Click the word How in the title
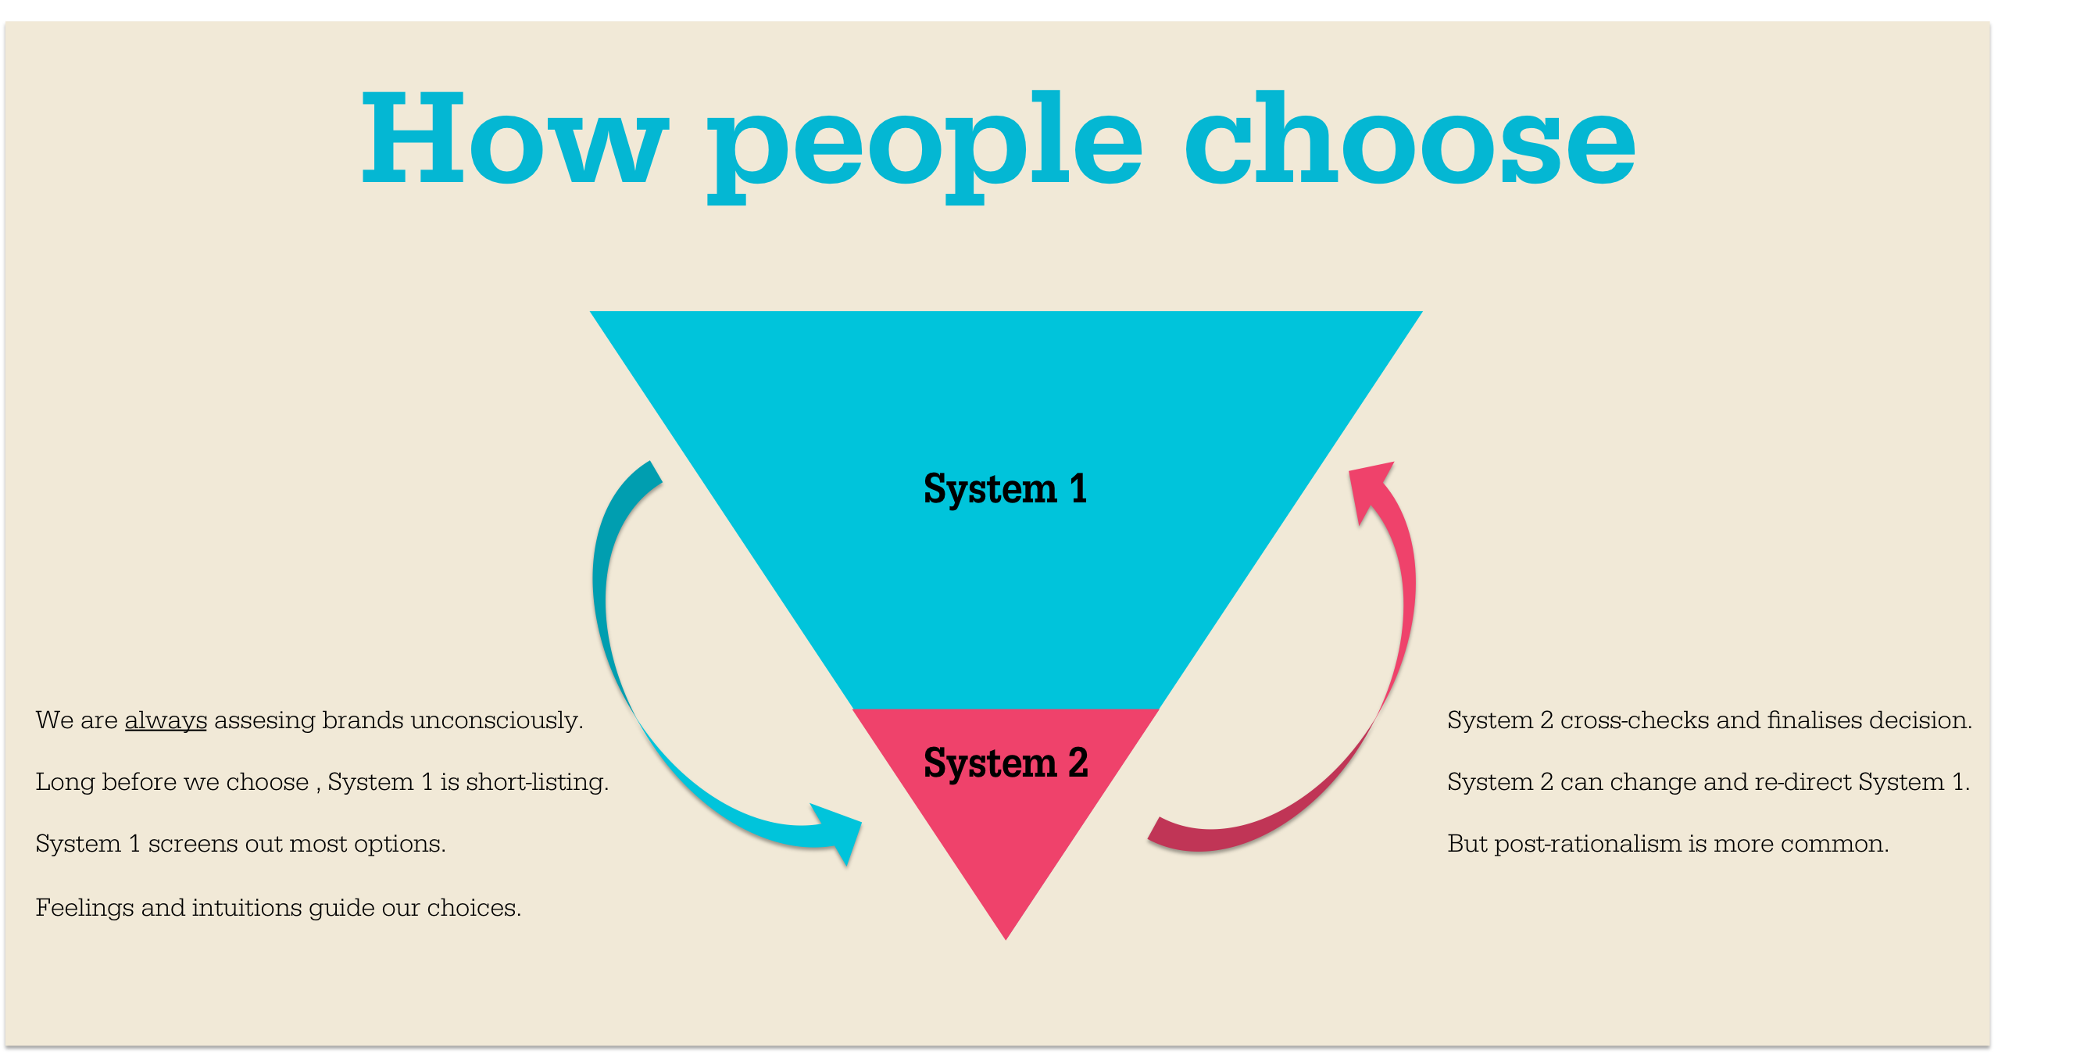pos(514,138)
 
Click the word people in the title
pos(924,145)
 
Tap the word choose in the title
pos(1409,138)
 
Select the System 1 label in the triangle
pos(1005,489)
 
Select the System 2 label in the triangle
pos(1005,763)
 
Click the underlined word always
pos(166,720)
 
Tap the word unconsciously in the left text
pos(495,720)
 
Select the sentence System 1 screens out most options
pos(240,844)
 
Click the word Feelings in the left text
pos(84,909)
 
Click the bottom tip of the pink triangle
pos(1005,934)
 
